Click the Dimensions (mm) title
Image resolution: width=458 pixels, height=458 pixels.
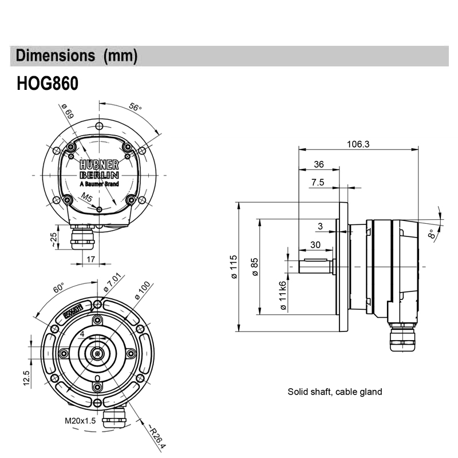point(77,56)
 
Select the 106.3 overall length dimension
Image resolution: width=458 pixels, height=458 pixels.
point(358,144)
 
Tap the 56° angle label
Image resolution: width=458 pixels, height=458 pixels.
point(135,107)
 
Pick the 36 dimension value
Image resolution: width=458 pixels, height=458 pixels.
point(318,164)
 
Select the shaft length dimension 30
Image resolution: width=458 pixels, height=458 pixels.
point(315,244)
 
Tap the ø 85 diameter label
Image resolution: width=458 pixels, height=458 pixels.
point(255,267)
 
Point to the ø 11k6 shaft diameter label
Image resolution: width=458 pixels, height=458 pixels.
point(282,296)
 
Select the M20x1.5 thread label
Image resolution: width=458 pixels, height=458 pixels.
point(81,421)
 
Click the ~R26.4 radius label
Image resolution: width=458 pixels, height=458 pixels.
point(156,436)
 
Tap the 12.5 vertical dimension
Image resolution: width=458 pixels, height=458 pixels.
point(27,378)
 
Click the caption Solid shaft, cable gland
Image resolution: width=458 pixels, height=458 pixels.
point(334,392)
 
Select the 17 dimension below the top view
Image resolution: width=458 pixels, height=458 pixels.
point(90,259)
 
